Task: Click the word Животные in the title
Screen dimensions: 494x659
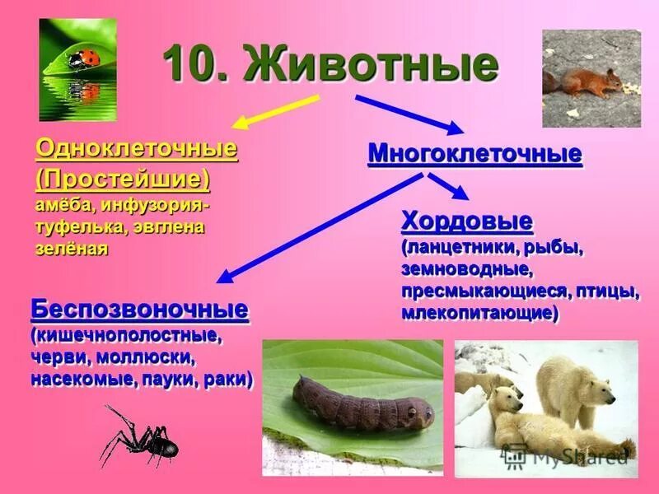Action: coord(372,63)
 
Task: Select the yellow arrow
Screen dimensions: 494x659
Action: coord(275,111)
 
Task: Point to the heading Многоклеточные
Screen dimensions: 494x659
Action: coord(474,153)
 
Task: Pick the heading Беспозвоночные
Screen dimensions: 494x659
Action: coord(139,310)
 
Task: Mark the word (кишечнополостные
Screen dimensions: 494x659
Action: coord(127,336)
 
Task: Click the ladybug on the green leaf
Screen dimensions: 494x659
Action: coord(79,58)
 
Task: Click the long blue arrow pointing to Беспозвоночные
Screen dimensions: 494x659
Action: coord(321,226)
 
